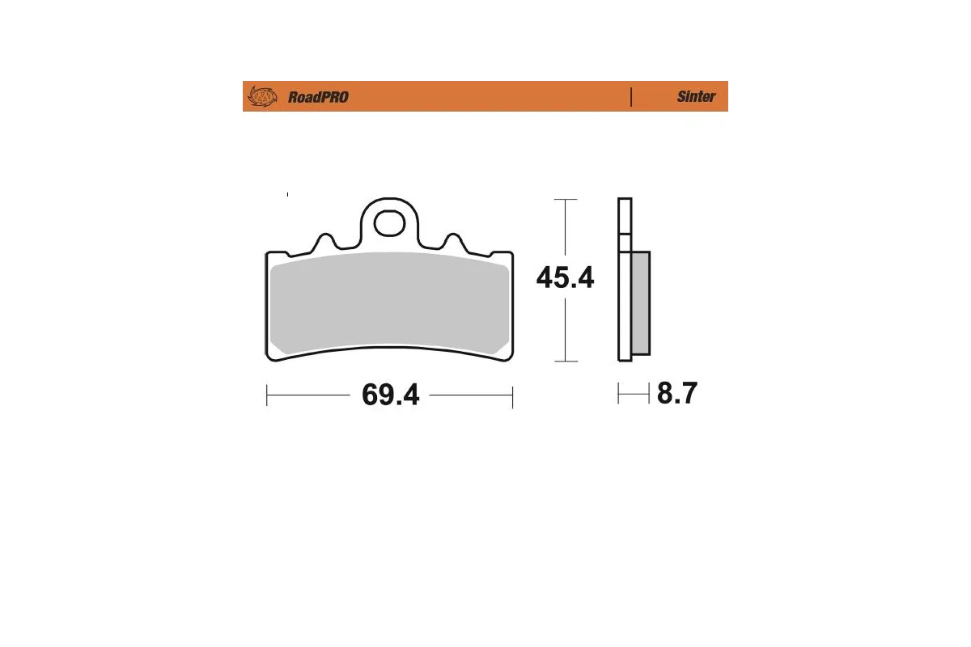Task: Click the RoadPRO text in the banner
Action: tap(318, 97)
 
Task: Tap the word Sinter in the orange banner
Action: tap(696, 96)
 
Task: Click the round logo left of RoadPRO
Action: tap(261, 96)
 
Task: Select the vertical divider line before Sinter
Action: tap(630, 96)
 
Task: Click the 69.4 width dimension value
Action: tap(390, 395)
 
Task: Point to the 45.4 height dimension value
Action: tap(565, 278)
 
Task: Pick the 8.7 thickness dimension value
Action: tap(676, 394)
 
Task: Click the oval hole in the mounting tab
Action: tap(390, 222)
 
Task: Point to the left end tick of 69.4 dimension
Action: tap(267, 396)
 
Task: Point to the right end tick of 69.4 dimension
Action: tap(513, 396)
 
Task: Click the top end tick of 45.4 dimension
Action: tap(565, 199)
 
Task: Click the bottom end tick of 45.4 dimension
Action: tap(565, 361)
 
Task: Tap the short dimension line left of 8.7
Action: tap(634, 394)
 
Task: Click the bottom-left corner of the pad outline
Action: tap(269, 357)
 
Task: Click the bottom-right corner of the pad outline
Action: tap(511, 357)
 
